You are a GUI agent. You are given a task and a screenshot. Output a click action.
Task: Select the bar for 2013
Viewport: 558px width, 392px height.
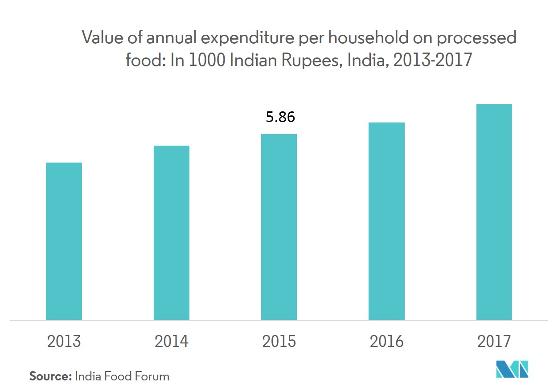coord(64,241)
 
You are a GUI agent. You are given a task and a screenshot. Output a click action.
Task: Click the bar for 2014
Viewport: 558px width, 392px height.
coord(172,233)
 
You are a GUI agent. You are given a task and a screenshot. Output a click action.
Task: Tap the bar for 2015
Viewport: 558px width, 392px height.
coord(279,227)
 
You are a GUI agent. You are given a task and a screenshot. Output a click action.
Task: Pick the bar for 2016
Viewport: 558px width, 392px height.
coord(386,221)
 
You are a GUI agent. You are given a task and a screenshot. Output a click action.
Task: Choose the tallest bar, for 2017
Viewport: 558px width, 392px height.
coord(494,212)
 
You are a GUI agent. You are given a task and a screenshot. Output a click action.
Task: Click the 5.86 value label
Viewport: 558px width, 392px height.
coord(280,117)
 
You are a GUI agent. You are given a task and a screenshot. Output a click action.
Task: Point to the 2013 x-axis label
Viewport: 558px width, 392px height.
coord(64,342)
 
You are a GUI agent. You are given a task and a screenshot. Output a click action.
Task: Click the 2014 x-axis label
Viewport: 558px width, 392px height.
coord(172,342)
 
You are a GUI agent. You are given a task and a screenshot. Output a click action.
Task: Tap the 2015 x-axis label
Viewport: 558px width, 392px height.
coord(279,342)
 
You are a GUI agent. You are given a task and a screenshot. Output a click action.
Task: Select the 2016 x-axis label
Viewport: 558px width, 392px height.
coord(386,342)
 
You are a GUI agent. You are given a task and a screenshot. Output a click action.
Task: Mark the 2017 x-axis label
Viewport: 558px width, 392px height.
coord(494,342)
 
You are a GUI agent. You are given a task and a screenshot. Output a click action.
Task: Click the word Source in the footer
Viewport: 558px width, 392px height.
coord(50,376)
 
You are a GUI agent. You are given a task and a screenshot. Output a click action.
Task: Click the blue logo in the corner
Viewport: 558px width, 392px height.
coord(512,369)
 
